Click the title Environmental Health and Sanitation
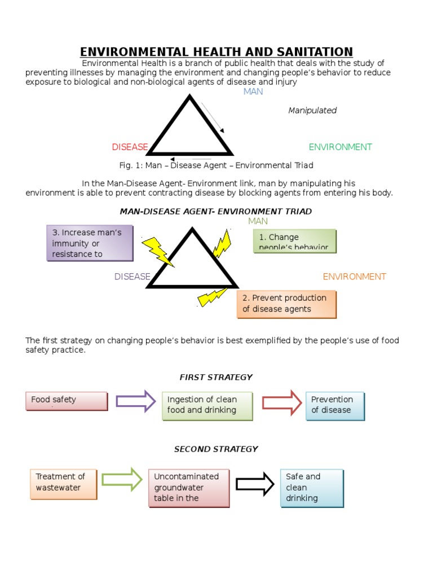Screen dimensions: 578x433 (216, 51)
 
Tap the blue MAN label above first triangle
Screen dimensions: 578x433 (253, 91)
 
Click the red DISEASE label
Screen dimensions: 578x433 (130, 147)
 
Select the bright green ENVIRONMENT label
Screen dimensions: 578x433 (340, 147)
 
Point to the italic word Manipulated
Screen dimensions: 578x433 (312, 111)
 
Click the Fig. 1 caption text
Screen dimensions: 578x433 (216, 165)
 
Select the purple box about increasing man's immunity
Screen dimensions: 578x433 (90, 243)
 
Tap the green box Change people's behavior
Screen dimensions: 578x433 (295, 241)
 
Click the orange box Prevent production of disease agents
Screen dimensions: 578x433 (286, 304)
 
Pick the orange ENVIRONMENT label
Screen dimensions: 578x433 (354, 277)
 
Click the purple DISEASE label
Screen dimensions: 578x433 (132, 277)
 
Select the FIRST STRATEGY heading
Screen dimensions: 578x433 (216, 377)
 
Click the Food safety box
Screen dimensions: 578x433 (67, 401)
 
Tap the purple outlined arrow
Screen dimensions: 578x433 (135, 401)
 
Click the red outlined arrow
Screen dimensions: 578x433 (282, 402)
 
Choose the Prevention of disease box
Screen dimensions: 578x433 (335, 405)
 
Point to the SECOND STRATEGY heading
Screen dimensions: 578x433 (216, 449)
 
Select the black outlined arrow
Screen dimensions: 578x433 (255, 484)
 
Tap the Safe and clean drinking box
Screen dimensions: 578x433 (312, 488)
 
